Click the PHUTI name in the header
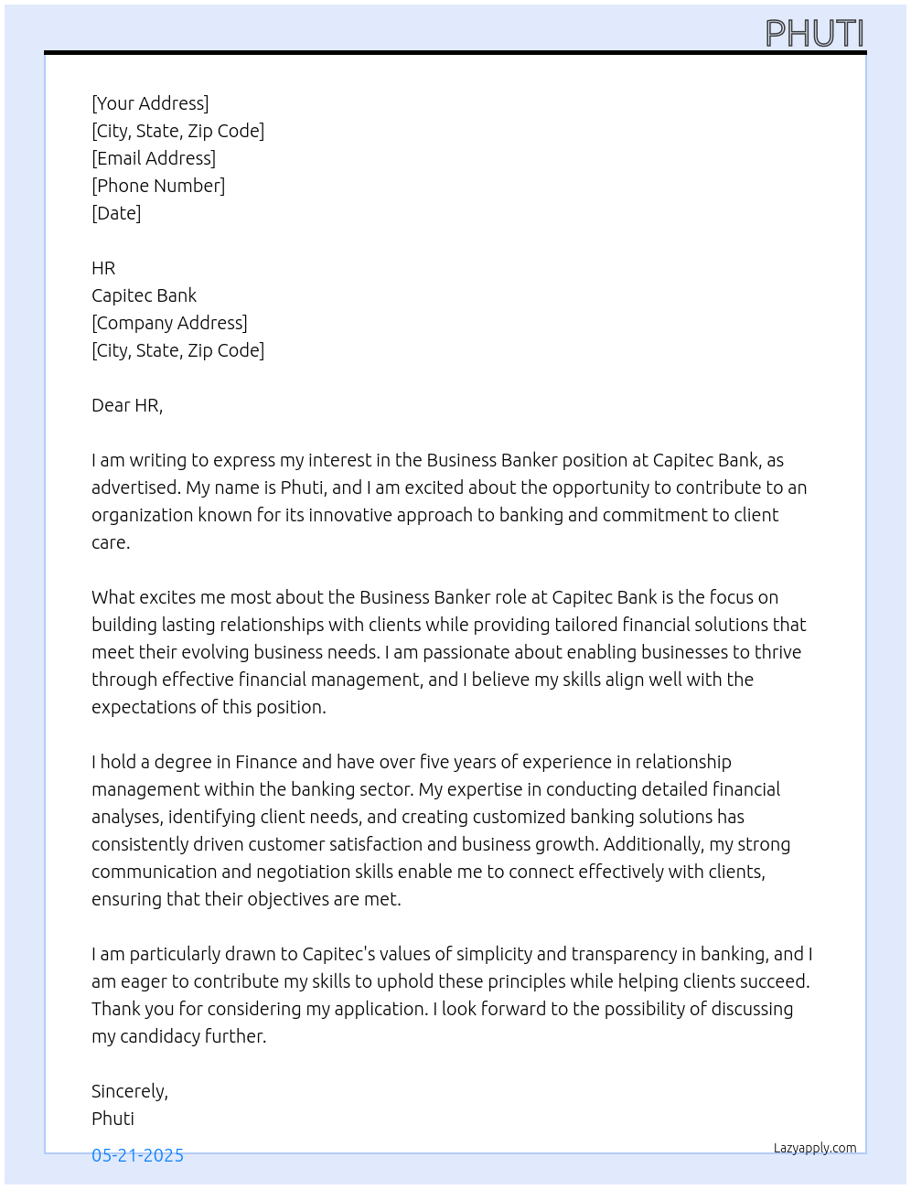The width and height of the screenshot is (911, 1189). click(x=814, y=34)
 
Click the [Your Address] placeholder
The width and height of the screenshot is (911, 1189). click(x=150, y=103)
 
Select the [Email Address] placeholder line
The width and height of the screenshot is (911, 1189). click(x=154, y=158)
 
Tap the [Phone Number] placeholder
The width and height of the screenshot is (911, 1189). click(x=158, y=186)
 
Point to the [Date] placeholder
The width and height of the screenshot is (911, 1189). click(x=116, y=213)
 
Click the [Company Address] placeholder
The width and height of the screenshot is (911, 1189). click(x=169, y=323)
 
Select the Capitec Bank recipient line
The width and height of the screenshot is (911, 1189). click(x=144, y=295)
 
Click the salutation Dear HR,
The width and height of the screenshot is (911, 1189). click(x=127, y=405)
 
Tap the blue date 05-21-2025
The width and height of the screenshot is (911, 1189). click(x=137, y=1155)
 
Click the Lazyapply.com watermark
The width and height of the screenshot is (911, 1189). click(x=815, y=1148)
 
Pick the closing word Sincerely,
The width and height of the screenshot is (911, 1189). click(x=130, y=1091)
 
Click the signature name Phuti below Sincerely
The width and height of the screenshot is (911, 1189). click(x=113, y=1119)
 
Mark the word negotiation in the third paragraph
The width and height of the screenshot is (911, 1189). click(x=303, y=872)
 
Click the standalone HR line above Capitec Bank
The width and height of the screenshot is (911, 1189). click(x=103, y=268)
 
